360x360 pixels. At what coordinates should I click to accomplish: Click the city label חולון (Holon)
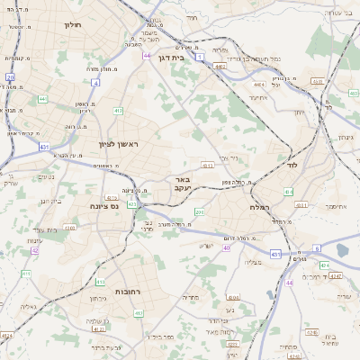click(x=73, y=24)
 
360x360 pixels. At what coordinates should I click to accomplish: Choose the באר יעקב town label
click(x=184, y=184)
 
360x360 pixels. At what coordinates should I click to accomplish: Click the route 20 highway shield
click(x=10, y=78)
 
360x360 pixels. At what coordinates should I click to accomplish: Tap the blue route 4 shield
click(x=94, y=83)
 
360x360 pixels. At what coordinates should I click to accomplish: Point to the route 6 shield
click(x=317, y=248)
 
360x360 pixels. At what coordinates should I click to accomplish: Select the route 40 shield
click(x=227, y=247)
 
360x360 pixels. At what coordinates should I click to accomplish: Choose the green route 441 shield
click(x=42, y=98)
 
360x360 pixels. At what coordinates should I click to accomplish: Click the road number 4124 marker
click(x=6, y=335)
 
